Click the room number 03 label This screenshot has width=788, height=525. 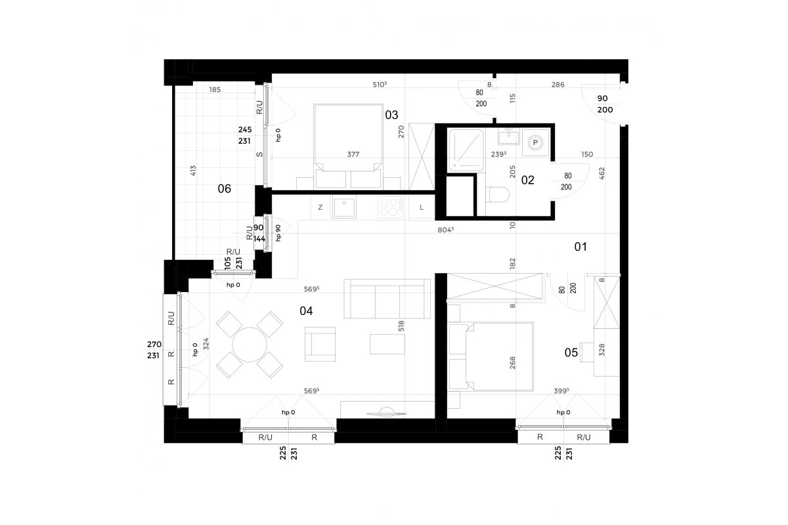(x=391, y=115)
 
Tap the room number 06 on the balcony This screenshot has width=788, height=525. (x=225, y=189)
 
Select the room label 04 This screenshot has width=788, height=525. (x=306, y=311)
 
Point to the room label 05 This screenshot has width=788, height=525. (x=571, y=352)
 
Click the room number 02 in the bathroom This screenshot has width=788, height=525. (x=528, y=180)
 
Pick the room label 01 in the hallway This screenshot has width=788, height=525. (x=580, y=247)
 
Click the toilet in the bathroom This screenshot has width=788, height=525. (x=498, y=194)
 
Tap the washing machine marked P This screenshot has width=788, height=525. (x=535, y=142)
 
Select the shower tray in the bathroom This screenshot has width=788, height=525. (x=466, y=150)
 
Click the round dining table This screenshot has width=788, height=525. (x=250, y=345)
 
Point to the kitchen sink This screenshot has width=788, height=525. (x=344, y=207)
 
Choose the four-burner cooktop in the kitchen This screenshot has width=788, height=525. (x=391, y=207)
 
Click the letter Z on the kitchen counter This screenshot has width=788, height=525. (x=320, y=207)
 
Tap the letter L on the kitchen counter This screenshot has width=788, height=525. (x=422, y=207)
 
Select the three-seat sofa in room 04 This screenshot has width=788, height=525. (x=387, y=299)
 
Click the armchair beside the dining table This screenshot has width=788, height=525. (x=320, y=345)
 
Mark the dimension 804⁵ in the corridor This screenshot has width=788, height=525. (x=446, y=230)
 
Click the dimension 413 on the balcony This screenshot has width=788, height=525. (x=193, y=171)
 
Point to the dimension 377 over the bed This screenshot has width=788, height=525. (x=353, y=154)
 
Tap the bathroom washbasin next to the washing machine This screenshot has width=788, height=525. (x=509, y=136)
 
